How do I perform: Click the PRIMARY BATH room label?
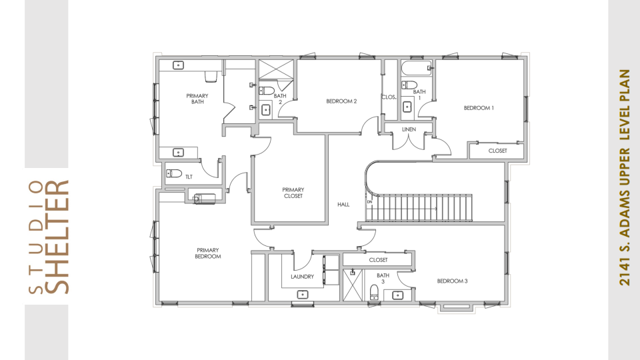click(197, 99)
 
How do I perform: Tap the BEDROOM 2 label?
click(341, 101)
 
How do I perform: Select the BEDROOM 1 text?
click(479, 108)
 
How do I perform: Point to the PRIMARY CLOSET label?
click(293, 193)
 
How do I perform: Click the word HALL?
click(343, 205)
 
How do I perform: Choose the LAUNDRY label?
click(302, 277)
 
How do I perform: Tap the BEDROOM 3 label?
click(452, 281)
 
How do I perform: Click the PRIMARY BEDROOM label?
click(208, 253)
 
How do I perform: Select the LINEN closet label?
click(409, 129)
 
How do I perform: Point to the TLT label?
click(189, 177)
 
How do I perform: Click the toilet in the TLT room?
click(174, 173)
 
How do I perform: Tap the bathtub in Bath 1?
click(416, 68)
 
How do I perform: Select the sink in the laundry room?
click(303, 294)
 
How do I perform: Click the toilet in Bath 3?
click(374, 292)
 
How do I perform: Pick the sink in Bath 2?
click(266, 109)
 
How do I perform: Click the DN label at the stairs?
click(370, 201)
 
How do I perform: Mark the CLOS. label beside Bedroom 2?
click(389, 97)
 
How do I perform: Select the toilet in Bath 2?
click(267, 90)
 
